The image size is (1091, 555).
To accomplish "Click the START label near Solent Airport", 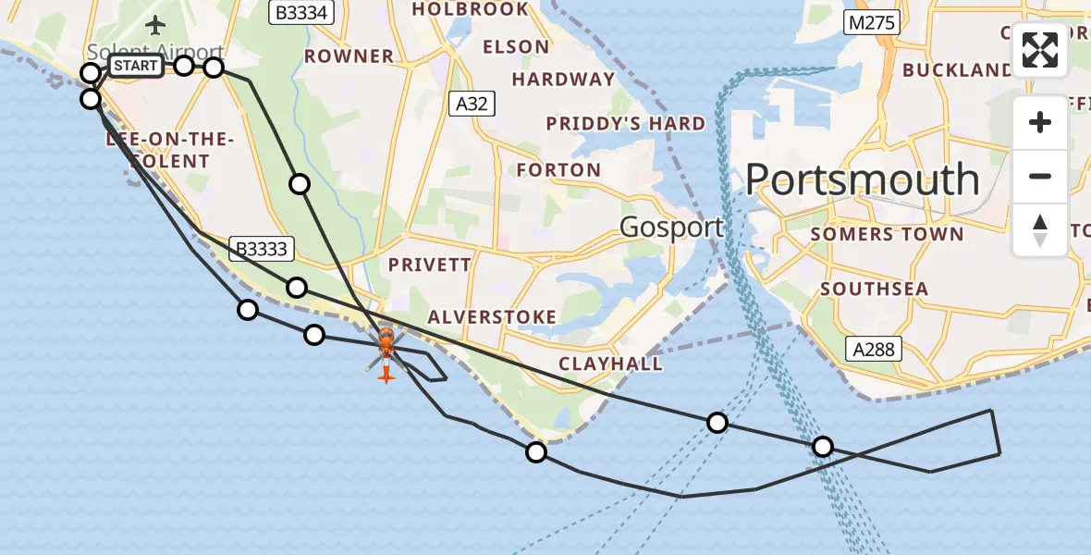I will pyautogui.click(x=136, y=66).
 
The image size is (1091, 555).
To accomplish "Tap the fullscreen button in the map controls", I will pyautogui.click(x=1040, y=50).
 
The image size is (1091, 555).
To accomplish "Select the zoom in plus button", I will pyautogui.click(x=1040, y=122).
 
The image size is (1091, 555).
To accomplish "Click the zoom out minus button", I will pyautogui.click(x=1040, y=176).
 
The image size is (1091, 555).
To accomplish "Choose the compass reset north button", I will pyautogui.click(x=1040, y=230).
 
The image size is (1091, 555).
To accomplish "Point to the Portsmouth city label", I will pyautogui.click(x=862, y=179).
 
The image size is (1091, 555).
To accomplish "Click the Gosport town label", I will pyautogui.click(x=671, y=227).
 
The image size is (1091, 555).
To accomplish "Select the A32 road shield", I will pyautogui.click(x=472, y=105).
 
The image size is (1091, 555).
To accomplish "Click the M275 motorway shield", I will pyautogui.click(x=871, y=23).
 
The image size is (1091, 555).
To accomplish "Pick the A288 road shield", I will pyautogui.click(x=874, y=349).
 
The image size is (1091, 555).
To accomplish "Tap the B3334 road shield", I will pyautogui.click(x=301, y=12).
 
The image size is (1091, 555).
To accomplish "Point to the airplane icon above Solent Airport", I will pyautogui.click(x=154, y=24).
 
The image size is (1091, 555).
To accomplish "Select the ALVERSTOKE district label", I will pyautogui.click(x=492, y=317).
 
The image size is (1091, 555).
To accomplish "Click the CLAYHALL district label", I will pyautogui.click(x=610, y=364).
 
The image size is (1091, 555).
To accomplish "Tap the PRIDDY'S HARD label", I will pyautogui.click(x=625, y=124).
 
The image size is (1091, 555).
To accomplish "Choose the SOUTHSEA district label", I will pyautogui.click(x=874, y=289).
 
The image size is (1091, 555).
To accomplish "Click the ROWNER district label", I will pyautogui.click(x=349, y=56).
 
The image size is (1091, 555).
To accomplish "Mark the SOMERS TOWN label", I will pyautogui.click(x=887, y=235).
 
